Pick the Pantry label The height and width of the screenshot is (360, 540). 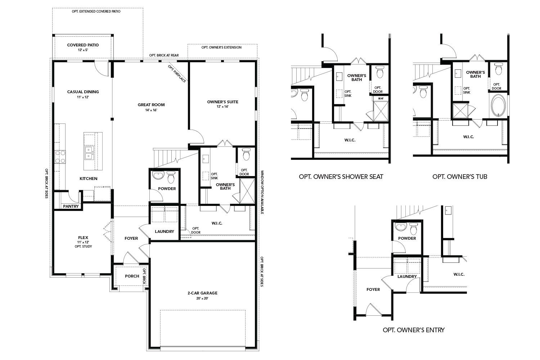coord(71,206)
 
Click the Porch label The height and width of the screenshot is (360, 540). coord(132,276)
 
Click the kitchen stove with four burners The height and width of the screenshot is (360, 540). coord(60,157)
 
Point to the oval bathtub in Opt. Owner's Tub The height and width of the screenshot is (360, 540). coord(498,105)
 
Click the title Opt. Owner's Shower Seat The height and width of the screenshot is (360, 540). coord(341,177)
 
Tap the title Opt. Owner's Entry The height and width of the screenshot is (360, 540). coord(413,330)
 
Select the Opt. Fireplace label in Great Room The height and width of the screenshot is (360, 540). coord(177,73)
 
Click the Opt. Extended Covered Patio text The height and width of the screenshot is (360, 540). coord(96,12)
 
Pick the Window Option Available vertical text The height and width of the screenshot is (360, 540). coord(262,192)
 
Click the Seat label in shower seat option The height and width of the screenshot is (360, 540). coord(381,98)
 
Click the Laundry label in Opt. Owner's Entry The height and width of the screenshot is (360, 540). coord(407,276)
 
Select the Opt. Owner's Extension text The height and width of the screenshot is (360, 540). coord(221,48)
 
